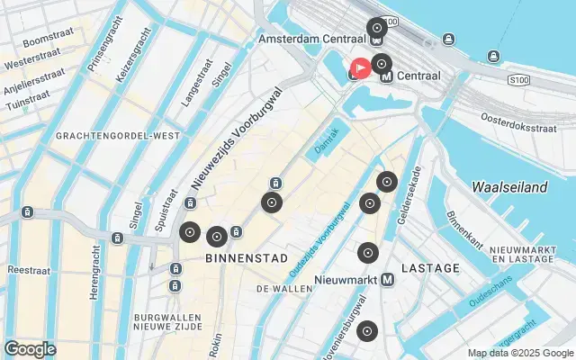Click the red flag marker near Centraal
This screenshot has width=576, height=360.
(x=360, y=68)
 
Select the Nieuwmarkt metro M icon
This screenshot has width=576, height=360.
(x=388, y=280)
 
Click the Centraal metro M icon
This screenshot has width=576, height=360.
(x=387, y=76)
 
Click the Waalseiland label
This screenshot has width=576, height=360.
(x=509, y=187)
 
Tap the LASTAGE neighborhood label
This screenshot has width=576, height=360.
(x=430, y=268)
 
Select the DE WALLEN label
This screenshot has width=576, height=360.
(x=284, y=289)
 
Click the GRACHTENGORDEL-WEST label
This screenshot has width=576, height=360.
(x=117, y=136)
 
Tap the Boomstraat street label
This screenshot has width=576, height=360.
(x=49, y=42)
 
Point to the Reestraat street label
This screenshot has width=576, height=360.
(x=27, y=270)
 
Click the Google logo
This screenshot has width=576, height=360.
(x=30, y=349)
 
